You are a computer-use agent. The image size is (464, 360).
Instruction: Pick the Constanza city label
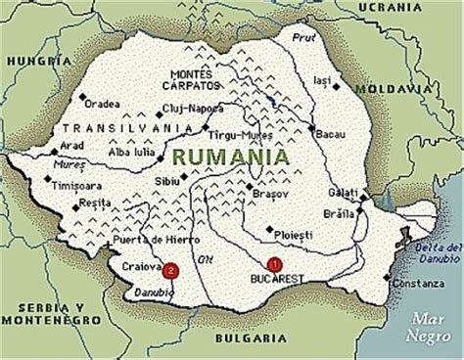click(419, 283)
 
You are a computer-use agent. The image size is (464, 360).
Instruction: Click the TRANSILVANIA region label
click(113, 128)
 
